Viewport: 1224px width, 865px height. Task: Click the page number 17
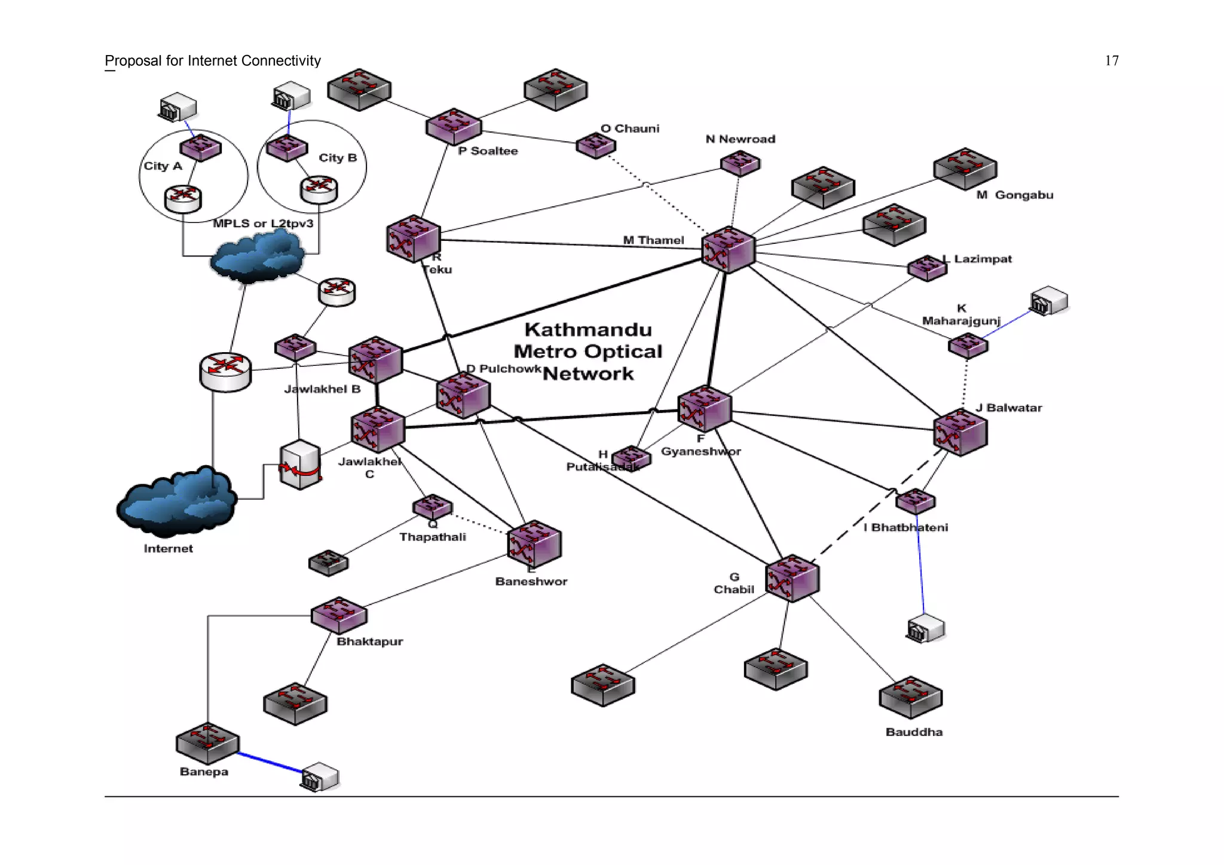point(1111,61)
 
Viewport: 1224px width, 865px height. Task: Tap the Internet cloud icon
point(177,503)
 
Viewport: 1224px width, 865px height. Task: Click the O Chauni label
point(630,129)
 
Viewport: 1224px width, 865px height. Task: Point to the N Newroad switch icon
point(740,163)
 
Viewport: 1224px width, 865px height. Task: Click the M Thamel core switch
point(728,250)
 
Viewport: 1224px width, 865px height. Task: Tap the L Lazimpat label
point(977,259)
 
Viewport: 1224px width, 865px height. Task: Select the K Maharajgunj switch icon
point(968,346)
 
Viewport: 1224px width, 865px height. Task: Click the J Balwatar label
point(1009,408)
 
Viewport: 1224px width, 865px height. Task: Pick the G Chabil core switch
point(792,578)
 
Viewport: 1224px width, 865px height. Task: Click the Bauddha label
point(914,732)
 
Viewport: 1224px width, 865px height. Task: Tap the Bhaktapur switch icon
point(339,615)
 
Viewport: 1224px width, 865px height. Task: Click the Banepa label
point(204,772)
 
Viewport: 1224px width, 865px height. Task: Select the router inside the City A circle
point(183,199)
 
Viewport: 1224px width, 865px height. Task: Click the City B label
point(338,158)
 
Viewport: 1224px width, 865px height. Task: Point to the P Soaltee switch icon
point(454,126)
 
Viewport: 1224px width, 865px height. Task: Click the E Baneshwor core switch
point(534,544)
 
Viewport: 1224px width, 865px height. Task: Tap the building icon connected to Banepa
point(320,777)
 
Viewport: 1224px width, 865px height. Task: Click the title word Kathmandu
point(588,329)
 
